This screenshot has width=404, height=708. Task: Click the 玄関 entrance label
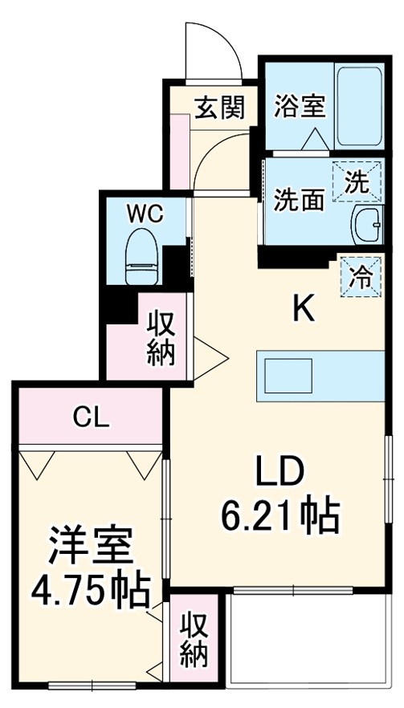click(219, 108)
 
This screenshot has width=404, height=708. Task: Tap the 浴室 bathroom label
click(299, 108)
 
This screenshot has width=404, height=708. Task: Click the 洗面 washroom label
click(300, 199)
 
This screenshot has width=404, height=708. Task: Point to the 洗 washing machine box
click(356, 181)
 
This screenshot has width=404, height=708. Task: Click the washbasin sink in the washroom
click(367, 221)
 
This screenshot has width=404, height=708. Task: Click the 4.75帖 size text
click(89, 592)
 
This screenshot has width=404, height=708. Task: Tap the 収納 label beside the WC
click(161, 340)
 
